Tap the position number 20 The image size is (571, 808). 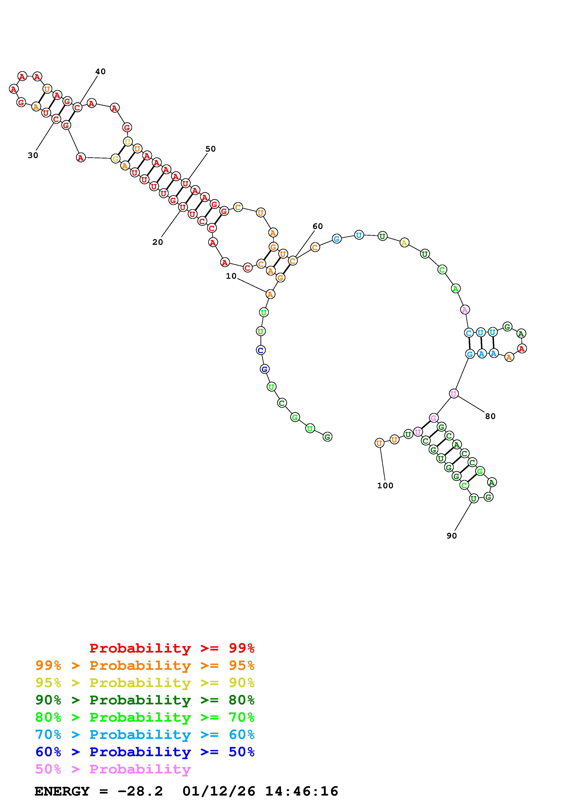point(158,242)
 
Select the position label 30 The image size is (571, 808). point(33,155)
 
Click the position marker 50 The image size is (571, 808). point(210,149)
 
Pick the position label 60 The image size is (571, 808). point(317,226)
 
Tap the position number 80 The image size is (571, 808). point(490,416)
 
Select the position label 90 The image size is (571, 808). point(451,536)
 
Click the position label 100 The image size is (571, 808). point(385,486)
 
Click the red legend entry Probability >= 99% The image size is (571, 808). point(172,648)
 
